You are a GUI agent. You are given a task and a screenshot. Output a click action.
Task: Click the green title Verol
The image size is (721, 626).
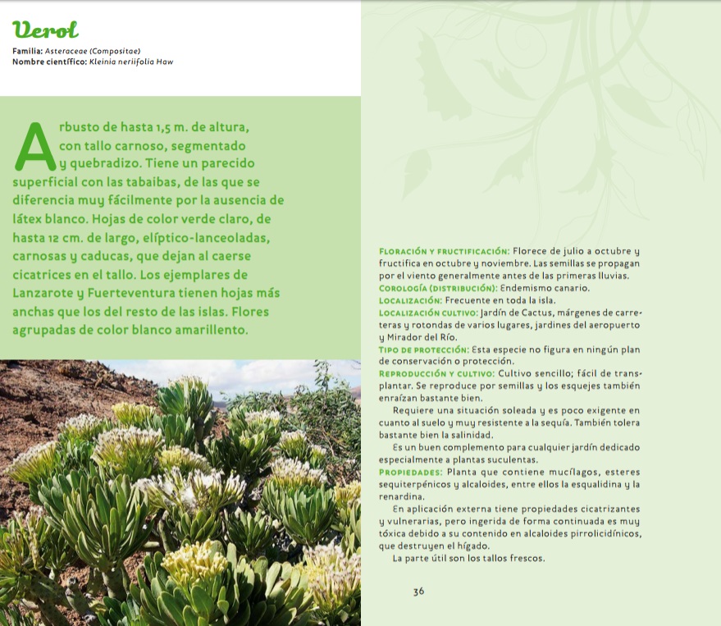coord(46,30)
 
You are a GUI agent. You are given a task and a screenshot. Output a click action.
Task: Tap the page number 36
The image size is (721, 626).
coord(418,591)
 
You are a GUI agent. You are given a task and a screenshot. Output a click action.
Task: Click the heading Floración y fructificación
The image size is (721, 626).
coord(444,250)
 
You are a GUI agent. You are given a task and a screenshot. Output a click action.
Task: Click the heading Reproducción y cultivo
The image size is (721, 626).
coord(436,373)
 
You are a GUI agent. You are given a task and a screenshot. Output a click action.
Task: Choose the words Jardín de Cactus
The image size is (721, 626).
coord(532,313)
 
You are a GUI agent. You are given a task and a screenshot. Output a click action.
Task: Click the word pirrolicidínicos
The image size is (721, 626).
coord(585,534)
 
